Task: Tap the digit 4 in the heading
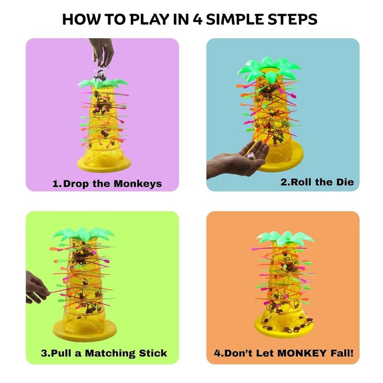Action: pyautogui.click(x=197, y=20)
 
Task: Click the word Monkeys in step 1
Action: pyautogui.click(x=138, y=184)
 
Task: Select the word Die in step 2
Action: pyautogui.click(x=345, y=182)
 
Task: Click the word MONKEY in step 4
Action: pyautogui.click(x=302, y=353)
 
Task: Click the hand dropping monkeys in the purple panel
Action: pyautogui.click(x=101, y=53)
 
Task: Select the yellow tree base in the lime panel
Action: pyautogui.click(x=85, y=328)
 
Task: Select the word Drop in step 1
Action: pyautogui.click(x=76, y=184)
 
